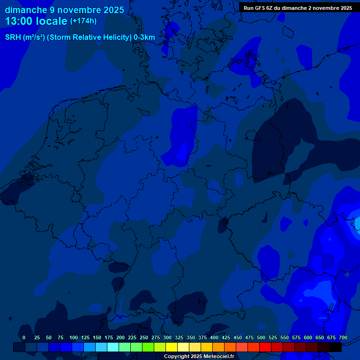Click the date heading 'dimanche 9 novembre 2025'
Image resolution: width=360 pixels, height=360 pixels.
tap(64, 10)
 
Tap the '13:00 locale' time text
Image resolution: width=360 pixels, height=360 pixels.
tap(36, 21)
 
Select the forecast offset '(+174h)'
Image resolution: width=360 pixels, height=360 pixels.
tap(83, 21)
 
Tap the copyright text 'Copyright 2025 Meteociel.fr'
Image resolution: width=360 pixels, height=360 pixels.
tap(199, 356)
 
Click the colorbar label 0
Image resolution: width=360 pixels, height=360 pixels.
tap(24, 337)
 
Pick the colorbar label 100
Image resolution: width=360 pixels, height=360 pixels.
tap(74, 337)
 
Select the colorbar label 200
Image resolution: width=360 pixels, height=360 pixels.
tap(120, 337)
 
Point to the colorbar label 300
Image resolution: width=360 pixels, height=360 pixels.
tap(167, 337)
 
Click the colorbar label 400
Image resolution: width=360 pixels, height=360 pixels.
tap(214, 337)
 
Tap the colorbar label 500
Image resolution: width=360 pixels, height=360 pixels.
tap(261, 337)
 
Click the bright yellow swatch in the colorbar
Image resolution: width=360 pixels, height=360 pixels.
tap(172, 347)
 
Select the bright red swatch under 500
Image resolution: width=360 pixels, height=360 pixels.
tap(265, 347)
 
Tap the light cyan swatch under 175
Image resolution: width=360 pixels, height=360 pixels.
tap(113, 347)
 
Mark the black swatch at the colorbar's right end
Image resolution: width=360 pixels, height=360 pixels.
tap(336, 347)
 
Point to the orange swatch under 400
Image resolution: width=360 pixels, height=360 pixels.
tap(218, 347)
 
